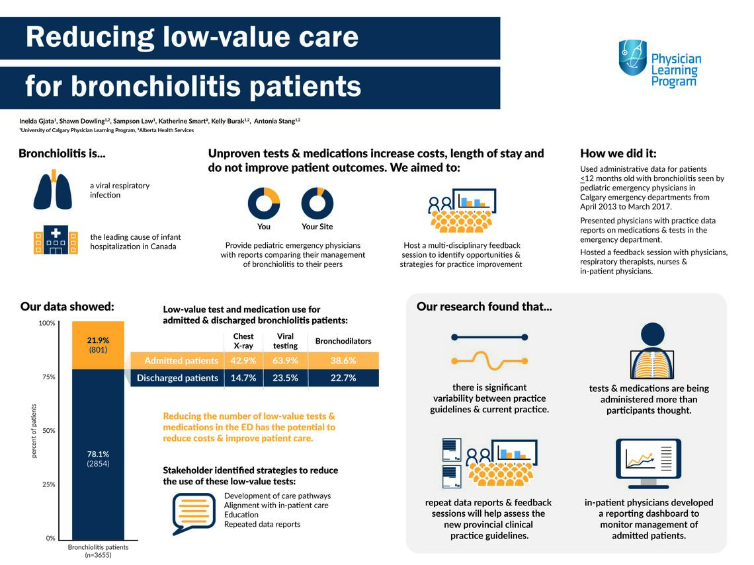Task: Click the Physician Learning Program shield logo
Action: click(632, 58)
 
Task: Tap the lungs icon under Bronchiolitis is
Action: click(53, 190)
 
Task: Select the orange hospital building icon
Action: click(55, 241)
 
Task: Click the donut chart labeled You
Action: click(264, 203)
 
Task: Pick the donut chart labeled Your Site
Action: click(317, 203)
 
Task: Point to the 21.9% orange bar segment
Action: click(98, 345)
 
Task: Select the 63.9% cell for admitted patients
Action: click(285, 361)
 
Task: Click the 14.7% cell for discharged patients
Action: click(243, 378)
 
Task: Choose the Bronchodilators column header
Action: click(343, 342)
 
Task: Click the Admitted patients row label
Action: click(181, 361)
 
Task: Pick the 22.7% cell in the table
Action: click(343, 378)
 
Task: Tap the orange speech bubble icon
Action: click(193, 513)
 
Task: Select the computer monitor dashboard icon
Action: click(648, 463)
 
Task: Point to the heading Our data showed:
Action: click(67, 307)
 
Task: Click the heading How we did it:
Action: click(618, 154)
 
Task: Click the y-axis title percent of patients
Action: click(34, 430)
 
